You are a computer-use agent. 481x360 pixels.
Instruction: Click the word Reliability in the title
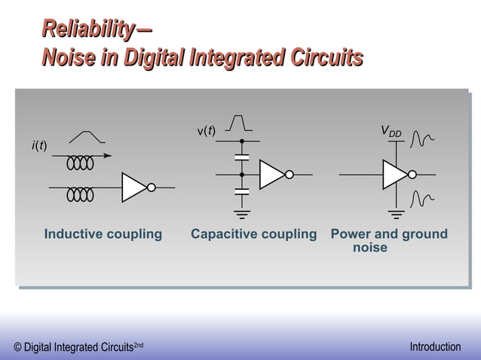click(87, 29)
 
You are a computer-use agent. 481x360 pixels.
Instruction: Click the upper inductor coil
click(80, 162)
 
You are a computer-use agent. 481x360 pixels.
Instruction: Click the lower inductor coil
click(80, 194)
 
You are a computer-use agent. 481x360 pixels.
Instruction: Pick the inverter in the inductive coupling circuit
click(136, 188)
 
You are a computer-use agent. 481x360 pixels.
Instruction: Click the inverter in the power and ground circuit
click(397, 174)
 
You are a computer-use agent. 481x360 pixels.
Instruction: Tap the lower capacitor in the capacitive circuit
click(241, 192)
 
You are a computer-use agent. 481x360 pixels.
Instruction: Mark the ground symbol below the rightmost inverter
click(394, 213)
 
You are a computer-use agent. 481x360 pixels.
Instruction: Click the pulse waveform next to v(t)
click(239, 123)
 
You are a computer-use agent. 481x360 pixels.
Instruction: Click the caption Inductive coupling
click(103, 234)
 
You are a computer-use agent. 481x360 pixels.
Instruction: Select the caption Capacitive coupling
click(253, 234)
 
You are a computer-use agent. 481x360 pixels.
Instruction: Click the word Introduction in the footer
click(435, 346)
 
